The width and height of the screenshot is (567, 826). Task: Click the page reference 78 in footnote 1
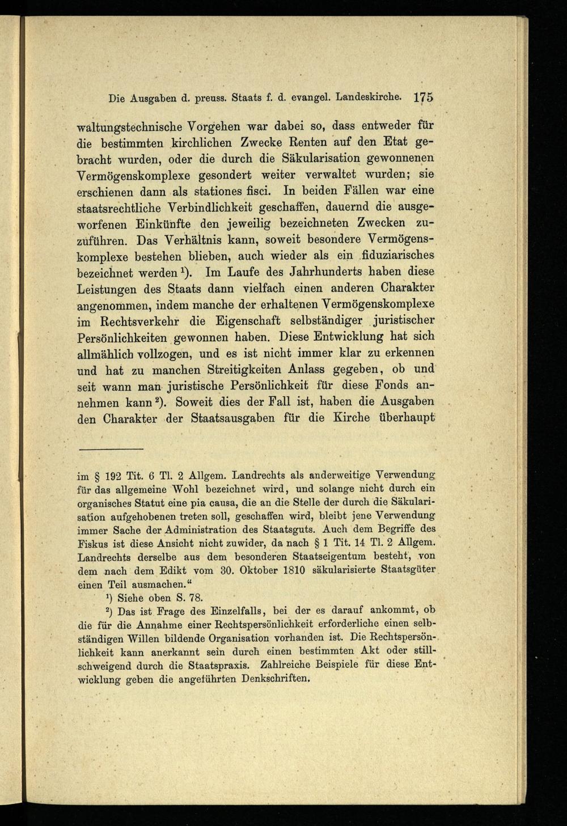pyautogui.click(x=194, y=598)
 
